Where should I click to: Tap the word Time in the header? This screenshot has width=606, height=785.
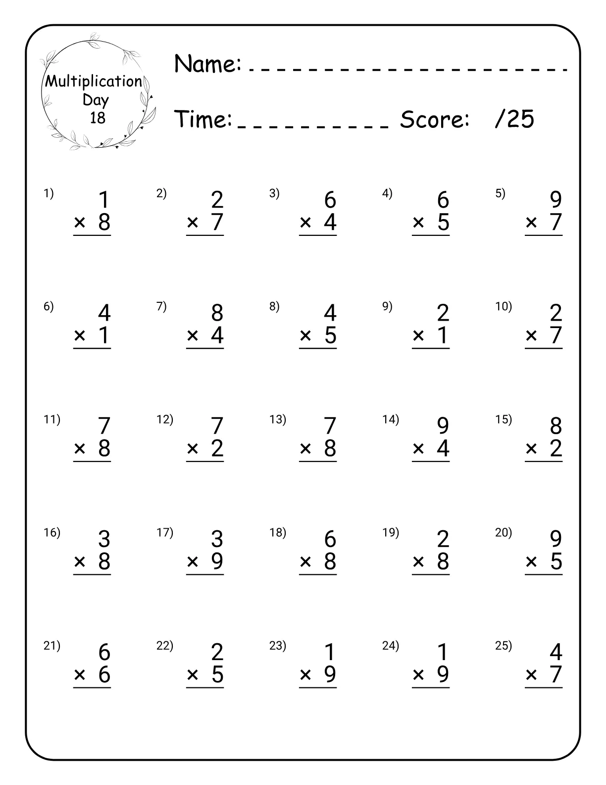click(203, 119)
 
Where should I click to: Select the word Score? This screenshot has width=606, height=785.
click(434, 119)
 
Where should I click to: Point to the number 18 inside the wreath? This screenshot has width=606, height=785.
click(98, 118)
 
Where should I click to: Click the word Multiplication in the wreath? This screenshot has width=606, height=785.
click(94, 81)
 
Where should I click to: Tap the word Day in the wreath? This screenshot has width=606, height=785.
click(96, 100)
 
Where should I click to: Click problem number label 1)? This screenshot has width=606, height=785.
click(49, 194)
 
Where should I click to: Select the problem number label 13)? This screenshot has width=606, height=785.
click(277, 420)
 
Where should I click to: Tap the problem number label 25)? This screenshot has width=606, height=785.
click(504, 646)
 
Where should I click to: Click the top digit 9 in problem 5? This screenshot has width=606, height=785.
click(555, 200)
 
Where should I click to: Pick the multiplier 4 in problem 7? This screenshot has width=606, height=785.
click(217, 336)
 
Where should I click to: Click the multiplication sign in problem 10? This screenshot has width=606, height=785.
click(531, 336)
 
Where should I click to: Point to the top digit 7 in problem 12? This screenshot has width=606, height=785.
click(217, 426)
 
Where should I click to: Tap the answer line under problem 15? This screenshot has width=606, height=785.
click(544, 461)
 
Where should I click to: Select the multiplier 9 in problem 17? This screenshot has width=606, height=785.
click(217, 561)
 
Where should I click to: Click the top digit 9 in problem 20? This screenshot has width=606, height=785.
click(555, 539)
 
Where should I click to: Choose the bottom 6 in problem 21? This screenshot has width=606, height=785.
click(104, 674)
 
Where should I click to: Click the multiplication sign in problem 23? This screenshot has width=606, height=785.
click(305, 675)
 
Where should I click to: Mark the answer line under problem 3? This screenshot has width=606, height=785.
click(318, 235)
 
